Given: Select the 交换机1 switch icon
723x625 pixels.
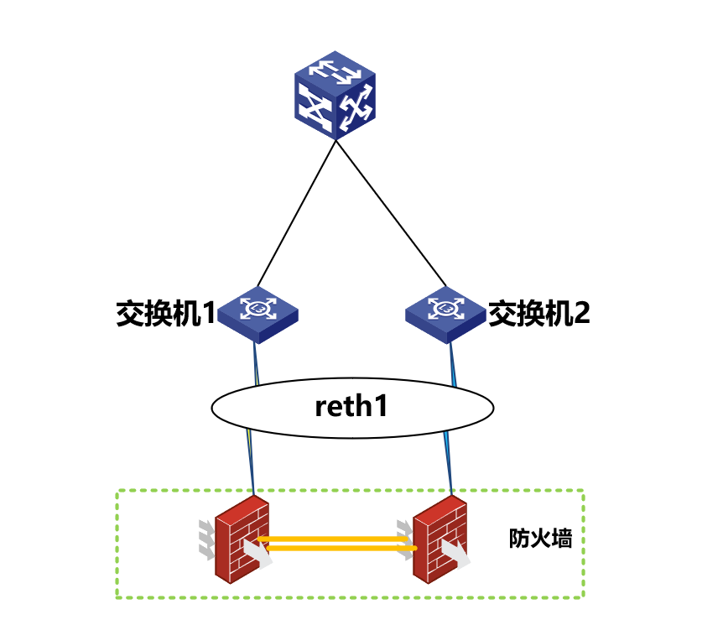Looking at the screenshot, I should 258,313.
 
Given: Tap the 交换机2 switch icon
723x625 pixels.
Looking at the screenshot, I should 445,313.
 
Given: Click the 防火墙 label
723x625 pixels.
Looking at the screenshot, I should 540,539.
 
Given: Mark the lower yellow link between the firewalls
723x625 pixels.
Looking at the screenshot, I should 335,549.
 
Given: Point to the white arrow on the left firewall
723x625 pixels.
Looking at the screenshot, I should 257,554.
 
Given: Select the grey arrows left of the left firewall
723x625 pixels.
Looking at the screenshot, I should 205,538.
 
